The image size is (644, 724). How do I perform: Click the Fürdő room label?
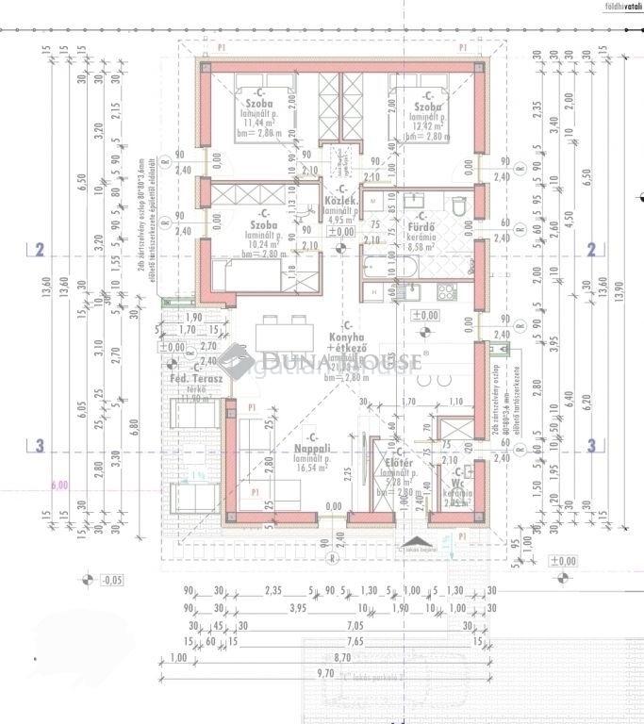[420, 226]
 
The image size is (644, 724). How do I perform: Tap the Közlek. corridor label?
[339, 201]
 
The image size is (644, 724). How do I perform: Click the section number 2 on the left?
[40, 250]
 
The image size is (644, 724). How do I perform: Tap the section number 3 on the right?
[591, 446]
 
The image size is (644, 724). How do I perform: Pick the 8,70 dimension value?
[342, 656]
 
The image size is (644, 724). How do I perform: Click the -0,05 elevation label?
[111, 579]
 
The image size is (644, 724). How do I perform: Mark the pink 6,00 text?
[59, 485]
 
